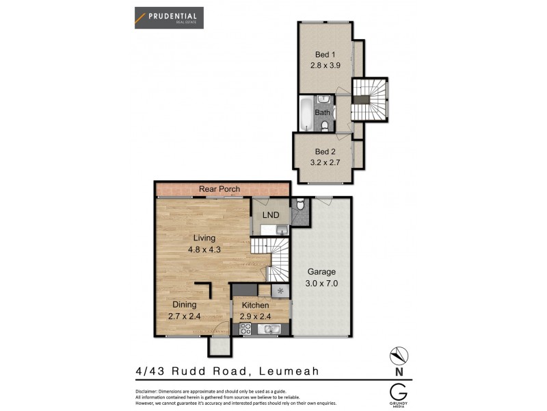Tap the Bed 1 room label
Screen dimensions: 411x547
click(325, 54)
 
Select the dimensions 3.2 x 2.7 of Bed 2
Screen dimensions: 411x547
click(325, 164)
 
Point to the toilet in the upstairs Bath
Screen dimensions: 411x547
click(324, 125)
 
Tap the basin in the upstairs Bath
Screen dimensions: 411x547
click(324, 100)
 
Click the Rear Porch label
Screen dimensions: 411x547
click(219, 188)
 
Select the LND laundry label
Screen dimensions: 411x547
click(271, 215)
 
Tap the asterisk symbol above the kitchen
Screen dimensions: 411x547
click(280, 291)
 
